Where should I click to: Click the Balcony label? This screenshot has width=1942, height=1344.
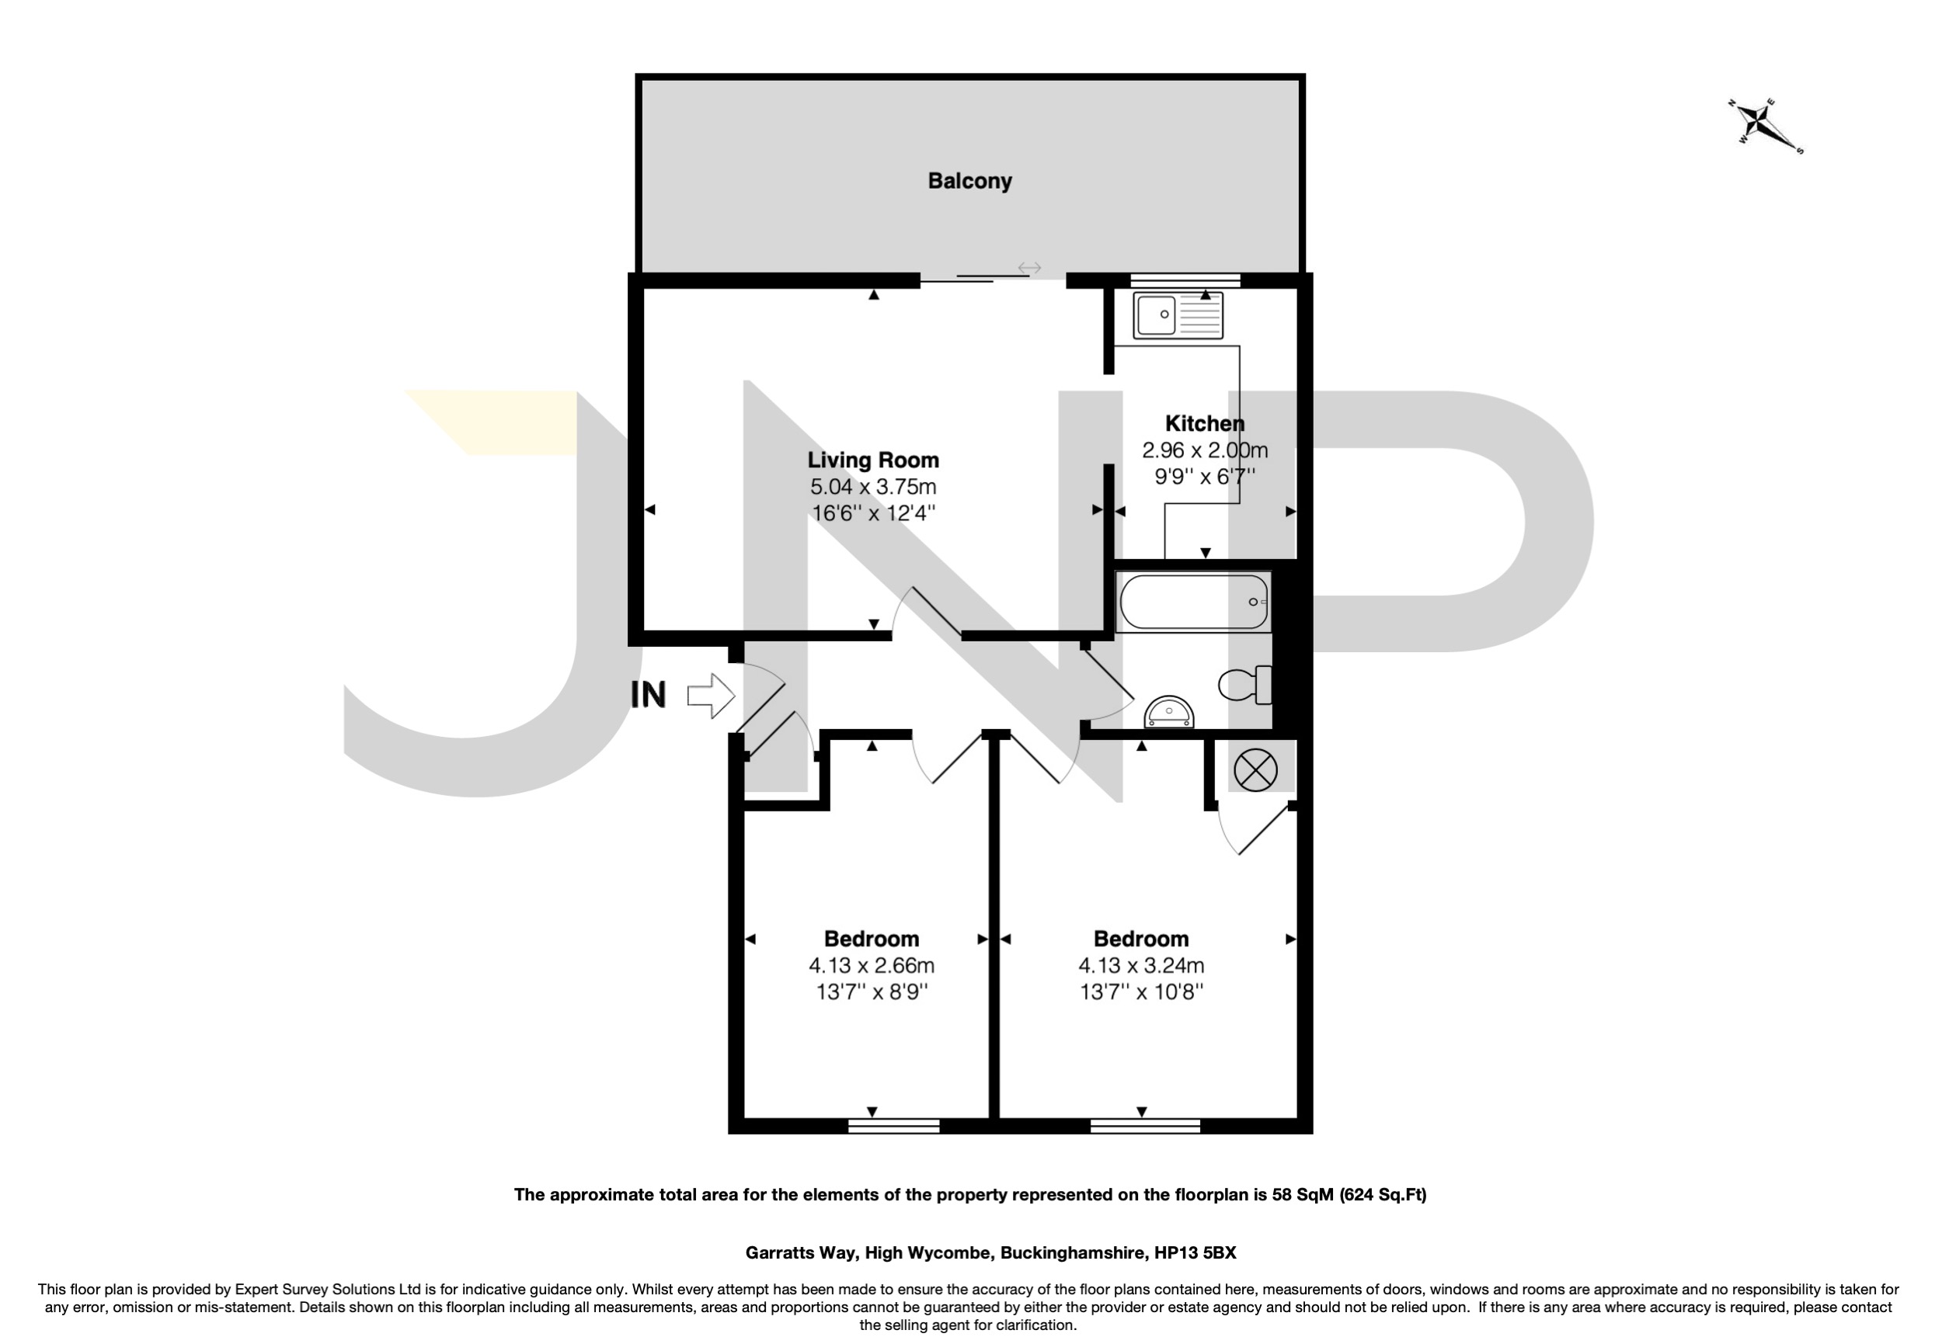[x=969, y=181]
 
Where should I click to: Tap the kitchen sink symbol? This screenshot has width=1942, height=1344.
[x=1176, y=315]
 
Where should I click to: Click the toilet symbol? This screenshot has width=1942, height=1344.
[x=1245, y=684]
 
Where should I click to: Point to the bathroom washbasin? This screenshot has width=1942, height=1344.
[x=1168, y=713]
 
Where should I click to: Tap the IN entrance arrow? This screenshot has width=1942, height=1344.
[x=711, y=696]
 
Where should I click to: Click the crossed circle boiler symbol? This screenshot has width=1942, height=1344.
[x=1255, y=769]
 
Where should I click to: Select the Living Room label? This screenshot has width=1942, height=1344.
[x=873, y=460]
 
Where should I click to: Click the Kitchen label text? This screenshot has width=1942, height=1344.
[x=1204, y=424]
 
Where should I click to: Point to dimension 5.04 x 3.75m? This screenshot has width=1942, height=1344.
[x=873, y=487]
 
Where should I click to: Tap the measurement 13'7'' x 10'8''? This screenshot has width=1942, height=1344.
[x=1141, y=992]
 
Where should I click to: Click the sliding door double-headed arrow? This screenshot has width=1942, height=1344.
[x=1029, y=268]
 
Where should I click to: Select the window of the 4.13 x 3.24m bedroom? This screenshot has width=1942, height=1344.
[x=1144, y=1126]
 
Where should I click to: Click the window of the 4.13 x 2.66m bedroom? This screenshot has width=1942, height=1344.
[x=893, y=1126]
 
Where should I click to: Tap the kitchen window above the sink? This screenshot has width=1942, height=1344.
[x=1185, y=280]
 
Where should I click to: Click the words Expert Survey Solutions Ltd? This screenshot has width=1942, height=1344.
[x=328, y=1290]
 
